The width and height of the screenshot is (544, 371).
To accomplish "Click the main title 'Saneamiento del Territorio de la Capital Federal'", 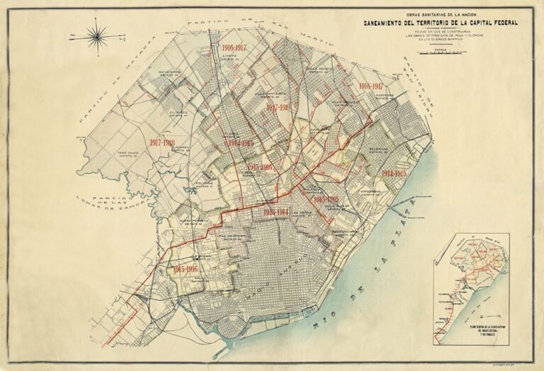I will [x=441, y=23].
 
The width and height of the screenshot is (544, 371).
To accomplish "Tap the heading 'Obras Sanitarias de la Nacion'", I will [x=440, y=13].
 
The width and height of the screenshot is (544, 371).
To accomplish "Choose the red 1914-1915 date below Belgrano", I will [x=395, y=173].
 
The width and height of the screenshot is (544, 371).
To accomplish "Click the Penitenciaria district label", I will [x=348, y=232].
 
